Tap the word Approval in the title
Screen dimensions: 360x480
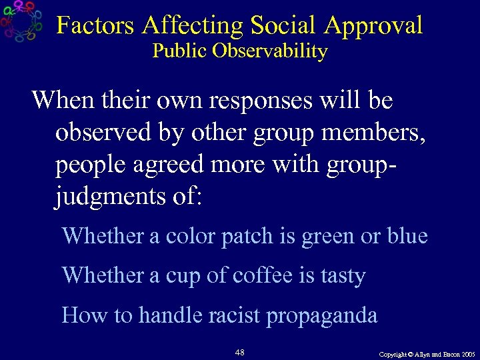coord(374,27)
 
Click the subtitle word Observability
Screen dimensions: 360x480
coord(270,51)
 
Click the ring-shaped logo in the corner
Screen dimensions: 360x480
coord(21,21)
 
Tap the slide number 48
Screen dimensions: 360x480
coord(240,351)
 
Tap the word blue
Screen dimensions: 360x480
coord(407,236)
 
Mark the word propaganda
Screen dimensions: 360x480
coord(322,316)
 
